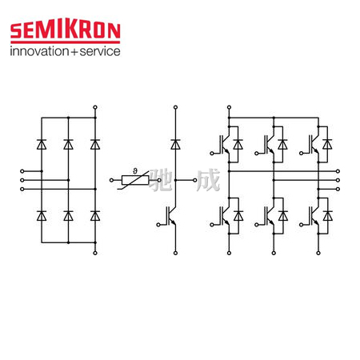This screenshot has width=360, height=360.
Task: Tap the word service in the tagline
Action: pos(100,51)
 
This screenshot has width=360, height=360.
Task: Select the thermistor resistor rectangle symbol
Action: pos(135,180)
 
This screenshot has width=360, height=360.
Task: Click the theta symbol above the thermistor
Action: pos(135,171)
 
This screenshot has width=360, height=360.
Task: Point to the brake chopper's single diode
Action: pos(175,144)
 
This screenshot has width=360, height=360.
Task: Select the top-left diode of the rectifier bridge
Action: pos(42,144)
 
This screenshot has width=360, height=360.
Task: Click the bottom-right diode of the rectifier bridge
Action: pos(95,216)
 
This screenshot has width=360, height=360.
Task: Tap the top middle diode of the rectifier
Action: pos(68,144)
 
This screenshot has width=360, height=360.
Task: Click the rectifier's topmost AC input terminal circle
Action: pos(22,171)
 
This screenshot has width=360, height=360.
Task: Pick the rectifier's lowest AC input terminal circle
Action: pos(22,189)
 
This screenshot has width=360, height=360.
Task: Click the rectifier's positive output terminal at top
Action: pos(95,107)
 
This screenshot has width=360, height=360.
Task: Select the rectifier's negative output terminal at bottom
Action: pos(95,253)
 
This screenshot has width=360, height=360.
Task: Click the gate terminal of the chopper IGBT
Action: pos(158,225)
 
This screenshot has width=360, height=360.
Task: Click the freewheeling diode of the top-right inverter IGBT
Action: pos(327,144)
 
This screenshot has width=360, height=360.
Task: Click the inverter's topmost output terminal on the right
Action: pos(338,171)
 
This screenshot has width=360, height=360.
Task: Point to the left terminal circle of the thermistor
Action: pos(111,180)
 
